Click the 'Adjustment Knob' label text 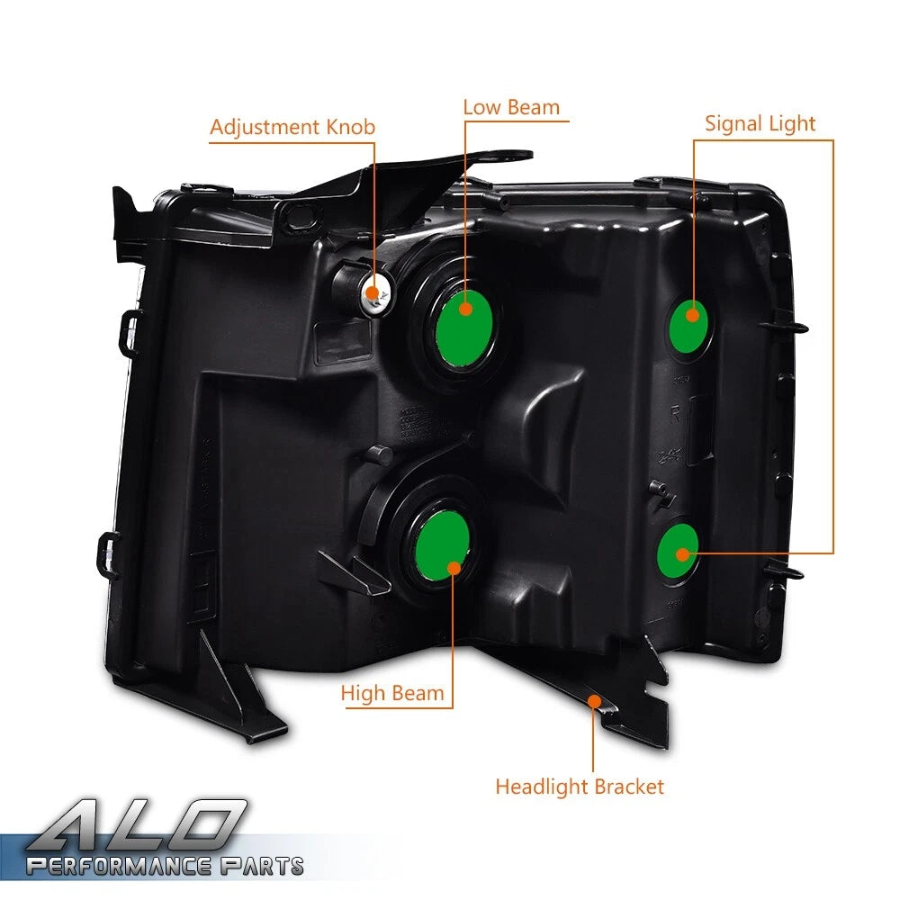[292, 128]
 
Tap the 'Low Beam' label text [511, 107]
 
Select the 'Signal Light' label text [760, 124]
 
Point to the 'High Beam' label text [392, 693]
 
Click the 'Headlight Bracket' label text [580, 787]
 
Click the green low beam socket [463, 328]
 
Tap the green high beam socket [442, 546]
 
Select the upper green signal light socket [688, 326]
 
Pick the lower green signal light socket [678, 551]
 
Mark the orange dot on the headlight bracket [595, 701]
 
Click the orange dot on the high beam [454, 568]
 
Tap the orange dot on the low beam [466, 309]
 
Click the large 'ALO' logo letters [138, 824]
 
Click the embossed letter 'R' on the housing [676, 414]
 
